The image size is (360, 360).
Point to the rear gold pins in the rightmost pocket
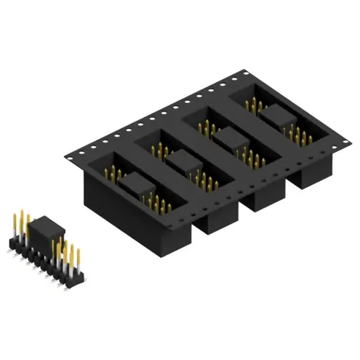pyautogui.click(x=253, y=105)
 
